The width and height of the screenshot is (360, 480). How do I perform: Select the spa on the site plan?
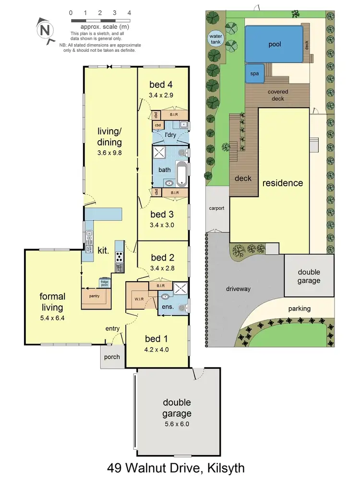point(254,74)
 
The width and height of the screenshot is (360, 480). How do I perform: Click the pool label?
point(275,45)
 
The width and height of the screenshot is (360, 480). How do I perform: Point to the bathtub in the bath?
point(182,175)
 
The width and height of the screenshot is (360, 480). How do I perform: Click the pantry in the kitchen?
point(94,296)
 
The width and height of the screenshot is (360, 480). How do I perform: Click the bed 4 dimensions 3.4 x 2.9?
point(161,96)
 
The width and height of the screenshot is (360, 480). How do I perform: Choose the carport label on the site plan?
point(217,209)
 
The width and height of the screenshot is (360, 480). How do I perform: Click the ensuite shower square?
point(180,288)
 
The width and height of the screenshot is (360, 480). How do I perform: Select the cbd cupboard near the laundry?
point(157,125)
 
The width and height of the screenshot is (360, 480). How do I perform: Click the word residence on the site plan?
point(282,183)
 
